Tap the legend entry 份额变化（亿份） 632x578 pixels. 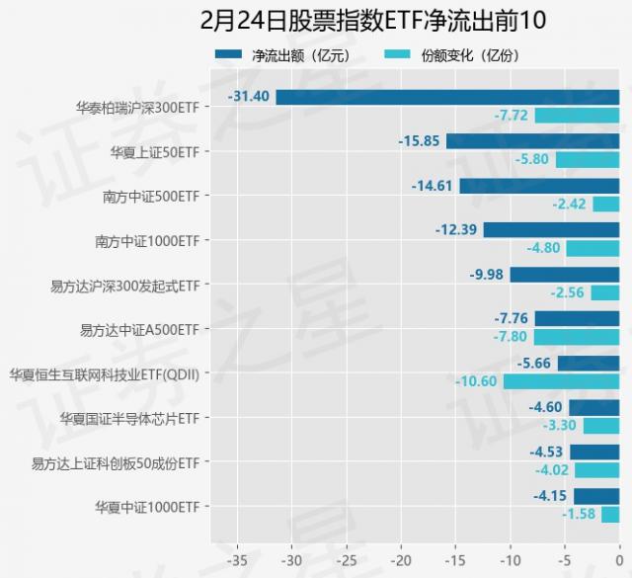(x=465, y=55)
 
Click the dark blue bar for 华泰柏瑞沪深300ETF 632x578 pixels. (x=447, y=97)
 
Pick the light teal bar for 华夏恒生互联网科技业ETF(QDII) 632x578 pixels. (x=561, y=381)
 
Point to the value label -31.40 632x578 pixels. (x=250, y=97)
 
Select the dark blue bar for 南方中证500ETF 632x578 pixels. (x=539, y=186)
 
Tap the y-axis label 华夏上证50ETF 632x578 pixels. (x=156, y=151)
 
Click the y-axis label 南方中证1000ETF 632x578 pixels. (x=147, y=240)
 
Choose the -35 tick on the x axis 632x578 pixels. (x=237, y=558)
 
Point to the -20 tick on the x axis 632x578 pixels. (x=401, y=558)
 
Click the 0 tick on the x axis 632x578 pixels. (x=619, y=558)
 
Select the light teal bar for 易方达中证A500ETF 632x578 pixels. (x=577, y=337)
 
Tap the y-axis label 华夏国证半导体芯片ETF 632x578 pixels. (x=129, y=418)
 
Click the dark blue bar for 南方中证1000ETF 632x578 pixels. (x=551, y=230)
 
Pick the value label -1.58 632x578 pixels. (x=579, y=515)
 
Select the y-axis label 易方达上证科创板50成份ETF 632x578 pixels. (x=116, y=462)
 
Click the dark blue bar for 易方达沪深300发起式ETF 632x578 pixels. (x=565, y=275)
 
